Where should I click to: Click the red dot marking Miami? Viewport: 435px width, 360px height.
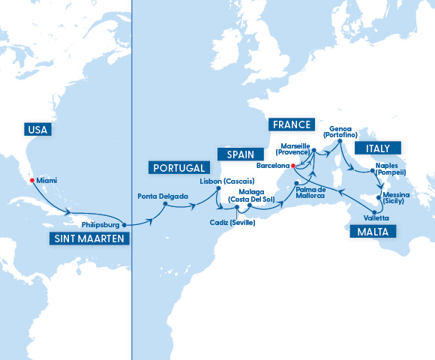[x=31, y=180]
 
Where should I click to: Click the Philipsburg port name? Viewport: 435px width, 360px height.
[x=100, y=223]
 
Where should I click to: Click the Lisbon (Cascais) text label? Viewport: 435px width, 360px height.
[x=227, y=181]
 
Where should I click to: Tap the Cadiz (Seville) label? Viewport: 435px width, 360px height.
[x=232, y=222]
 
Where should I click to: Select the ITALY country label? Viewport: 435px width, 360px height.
[x=378, y=148]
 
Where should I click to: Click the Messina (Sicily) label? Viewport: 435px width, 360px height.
[x=397, y=198]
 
